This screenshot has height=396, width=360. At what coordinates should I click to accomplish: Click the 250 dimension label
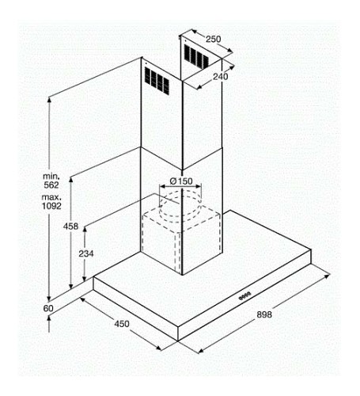[213, 39]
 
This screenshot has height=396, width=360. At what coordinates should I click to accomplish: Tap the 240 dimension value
[221, 77]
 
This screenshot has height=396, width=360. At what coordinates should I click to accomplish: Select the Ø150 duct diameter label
[181, 181]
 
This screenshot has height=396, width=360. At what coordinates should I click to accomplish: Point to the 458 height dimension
[70, 227]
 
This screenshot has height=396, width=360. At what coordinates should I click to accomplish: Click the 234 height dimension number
[86, 253]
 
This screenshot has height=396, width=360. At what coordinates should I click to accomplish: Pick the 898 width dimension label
[264, 314]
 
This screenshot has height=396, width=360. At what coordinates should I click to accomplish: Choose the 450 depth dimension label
[122, 324]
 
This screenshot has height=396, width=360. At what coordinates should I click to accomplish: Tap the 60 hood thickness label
[48, 308]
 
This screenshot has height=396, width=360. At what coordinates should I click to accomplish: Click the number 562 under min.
[51, 185]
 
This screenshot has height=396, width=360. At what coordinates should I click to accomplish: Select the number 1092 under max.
[51, 206]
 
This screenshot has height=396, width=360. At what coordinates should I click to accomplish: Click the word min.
[51, 176]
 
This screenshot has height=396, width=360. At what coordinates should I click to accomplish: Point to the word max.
[51, 197]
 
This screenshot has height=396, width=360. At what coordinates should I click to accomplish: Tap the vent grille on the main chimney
[157, 81]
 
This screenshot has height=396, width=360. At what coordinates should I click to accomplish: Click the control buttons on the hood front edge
[244, 296]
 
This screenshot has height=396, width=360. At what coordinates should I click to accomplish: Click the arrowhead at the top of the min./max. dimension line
[49, 100]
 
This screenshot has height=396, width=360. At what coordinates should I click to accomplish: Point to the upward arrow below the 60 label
[49, 324]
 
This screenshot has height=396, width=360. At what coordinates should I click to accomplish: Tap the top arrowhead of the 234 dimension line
[85, 230]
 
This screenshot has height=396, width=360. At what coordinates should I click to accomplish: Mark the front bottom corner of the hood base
[178, 341]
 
